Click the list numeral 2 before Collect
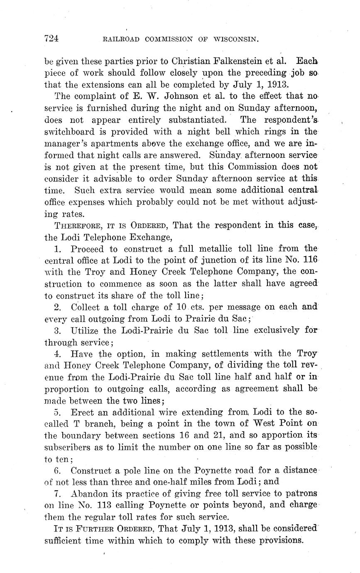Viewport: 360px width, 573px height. pos(59,308)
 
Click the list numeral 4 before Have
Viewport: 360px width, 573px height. pos(59,354)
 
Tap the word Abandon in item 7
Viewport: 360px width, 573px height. pos(88,494)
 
